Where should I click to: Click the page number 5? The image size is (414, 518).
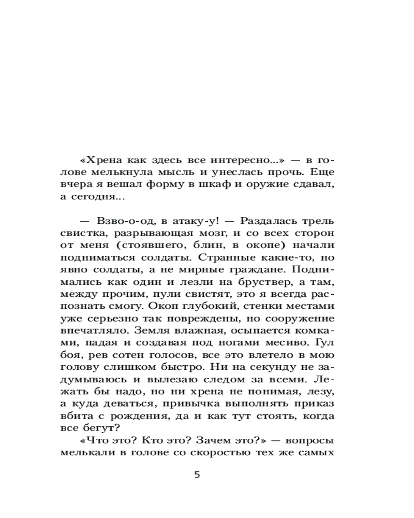[197, 475]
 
